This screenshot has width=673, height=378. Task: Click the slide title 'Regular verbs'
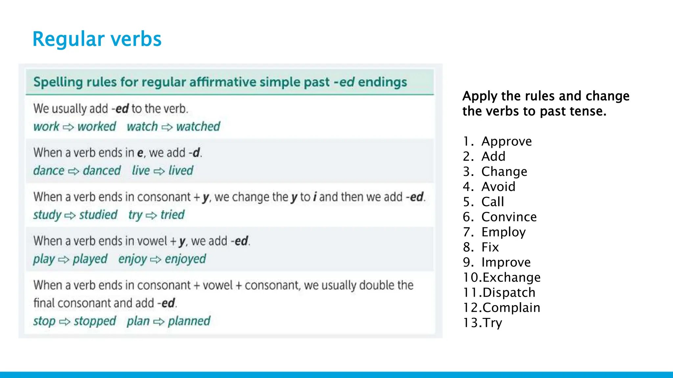click(97, 39)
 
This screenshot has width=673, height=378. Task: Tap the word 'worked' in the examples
click(97, 126)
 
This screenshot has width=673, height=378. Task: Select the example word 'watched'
click(198, 126)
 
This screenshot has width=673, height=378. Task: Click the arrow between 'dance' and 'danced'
click(74, 171)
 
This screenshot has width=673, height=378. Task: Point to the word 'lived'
click(181, 171)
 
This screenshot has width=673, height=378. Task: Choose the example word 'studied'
click(98, 215)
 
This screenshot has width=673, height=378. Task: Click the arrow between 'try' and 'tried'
click(151, 215)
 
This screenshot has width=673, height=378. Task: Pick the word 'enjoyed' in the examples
click(185, 259)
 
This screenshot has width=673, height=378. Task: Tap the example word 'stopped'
click(95, 321)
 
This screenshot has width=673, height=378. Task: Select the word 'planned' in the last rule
click(189, 321)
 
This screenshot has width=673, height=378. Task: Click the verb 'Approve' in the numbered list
click(506, 141)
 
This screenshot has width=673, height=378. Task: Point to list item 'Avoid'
click(498, 187)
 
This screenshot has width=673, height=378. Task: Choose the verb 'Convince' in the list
click(509, 217)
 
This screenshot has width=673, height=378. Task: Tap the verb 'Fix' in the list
click(490, 247)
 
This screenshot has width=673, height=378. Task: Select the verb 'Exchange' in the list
click(511, 277)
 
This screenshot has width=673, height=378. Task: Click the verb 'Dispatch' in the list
click(509, 292)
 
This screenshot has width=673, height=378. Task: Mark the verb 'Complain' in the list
click(511, 307)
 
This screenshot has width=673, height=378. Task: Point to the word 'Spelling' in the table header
click(58, 82)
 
